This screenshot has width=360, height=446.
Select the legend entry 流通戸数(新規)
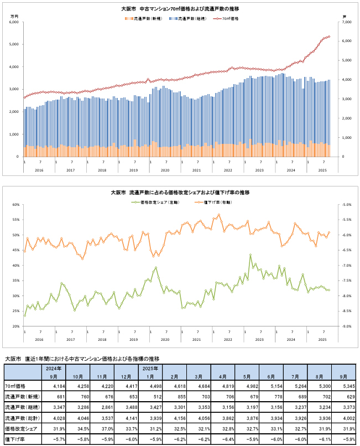[x=145, y=18]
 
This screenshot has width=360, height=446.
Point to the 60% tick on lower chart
[x=15, y=205]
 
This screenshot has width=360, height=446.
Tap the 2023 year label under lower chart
[x=259, y=339]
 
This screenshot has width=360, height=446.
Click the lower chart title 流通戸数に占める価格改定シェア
[x=180, y=192]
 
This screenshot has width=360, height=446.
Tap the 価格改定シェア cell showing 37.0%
[x=113, y=428]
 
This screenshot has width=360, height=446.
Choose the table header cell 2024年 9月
[x=55, y=371]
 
